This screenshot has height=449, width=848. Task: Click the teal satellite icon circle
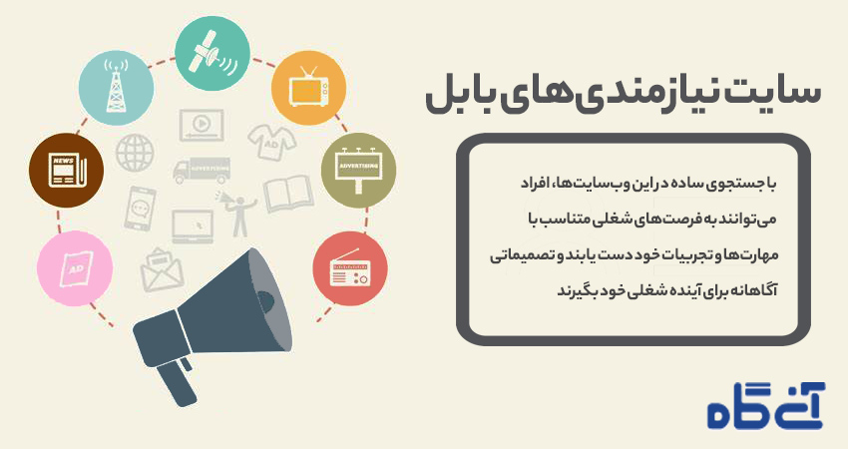coord(212,54)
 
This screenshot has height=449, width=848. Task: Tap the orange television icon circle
coord(309,88)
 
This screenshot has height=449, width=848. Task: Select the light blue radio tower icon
coord(117,88)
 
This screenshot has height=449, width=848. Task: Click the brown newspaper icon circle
coord(66,171)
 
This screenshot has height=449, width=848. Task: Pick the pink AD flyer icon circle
coord(75,268)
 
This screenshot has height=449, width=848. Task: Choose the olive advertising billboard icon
coord(358,171)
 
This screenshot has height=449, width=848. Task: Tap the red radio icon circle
coord(350,268)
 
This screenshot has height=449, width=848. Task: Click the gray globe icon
coord(135,154)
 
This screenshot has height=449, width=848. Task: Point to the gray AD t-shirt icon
coord(272,142)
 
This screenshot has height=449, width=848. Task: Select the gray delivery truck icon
coord(202,171)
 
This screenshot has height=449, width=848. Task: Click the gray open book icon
coord(288,194)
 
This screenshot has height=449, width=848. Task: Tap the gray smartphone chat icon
coord(140,209)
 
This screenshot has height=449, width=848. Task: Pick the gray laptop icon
coord(193,226)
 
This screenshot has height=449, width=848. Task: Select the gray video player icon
coord(202,126)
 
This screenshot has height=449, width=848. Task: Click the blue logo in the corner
coord(766,406)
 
